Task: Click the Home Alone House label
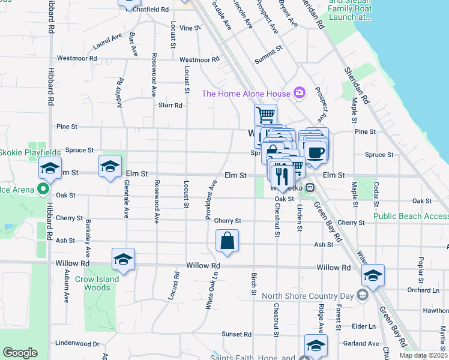(x=245, y=93)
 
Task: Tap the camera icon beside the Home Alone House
(x=299, y=92)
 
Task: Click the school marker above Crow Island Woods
(x=123, y=259)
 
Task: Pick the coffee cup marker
(x=315, y=151)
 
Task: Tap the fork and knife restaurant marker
(x=281, y=175)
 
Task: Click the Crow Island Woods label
(x=97, y=283)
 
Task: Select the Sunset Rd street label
(x=235, y=334)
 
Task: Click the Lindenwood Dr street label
(x=77, y=343)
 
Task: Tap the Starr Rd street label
(x=170, y=106)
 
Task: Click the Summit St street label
(x=268, y=54)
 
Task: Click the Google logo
(x=20, y=353)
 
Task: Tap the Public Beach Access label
(x=411, y=216)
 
